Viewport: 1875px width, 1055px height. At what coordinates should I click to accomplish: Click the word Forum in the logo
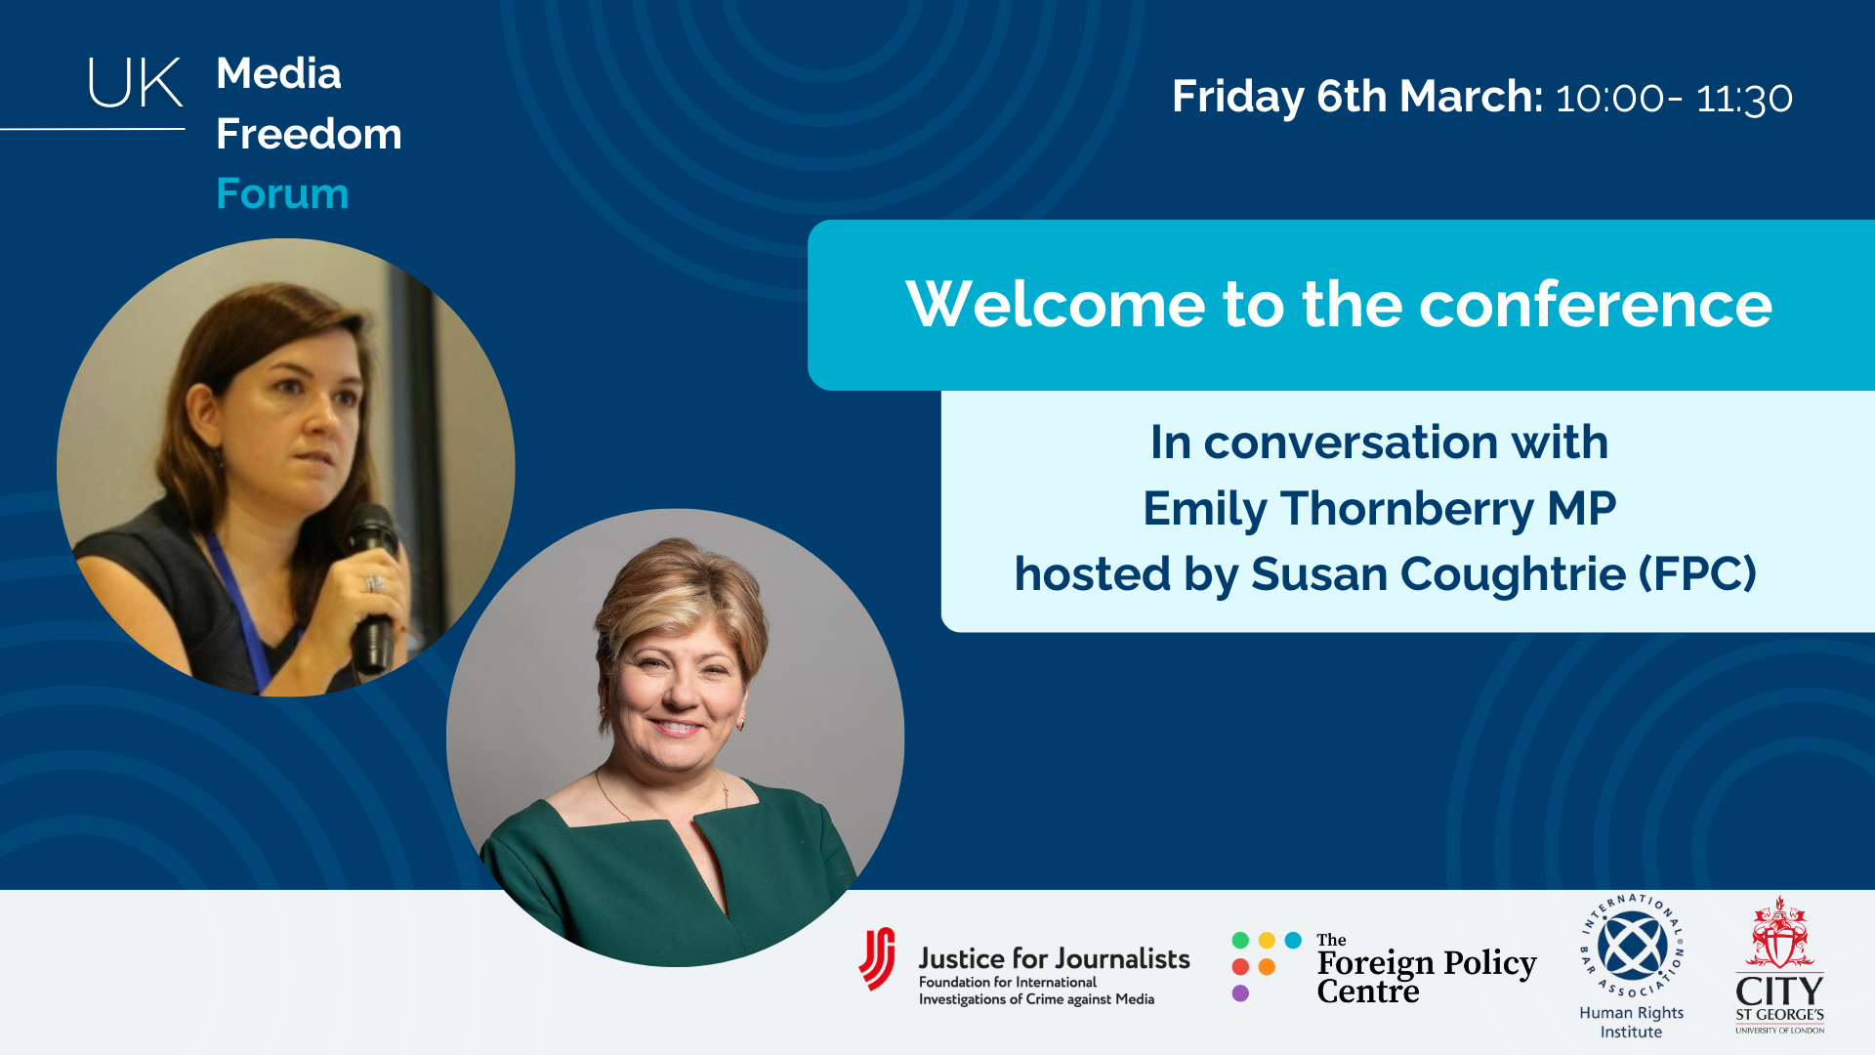[x=282, y=193]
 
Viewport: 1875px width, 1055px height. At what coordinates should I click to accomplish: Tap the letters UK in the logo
[x=135, y=83]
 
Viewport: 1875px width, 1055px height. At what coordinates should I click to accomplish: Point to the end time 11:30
[x=1744, y=98]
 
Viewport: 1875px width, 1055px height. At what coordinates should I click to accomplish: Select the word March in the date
[x=1471, y=96]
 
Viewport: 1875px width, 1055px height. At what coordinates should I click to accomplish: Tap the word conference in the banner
[x=1596, y=305]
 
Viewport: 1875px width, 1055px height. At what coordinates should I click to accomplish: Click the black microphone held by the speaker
[x=372, y=586]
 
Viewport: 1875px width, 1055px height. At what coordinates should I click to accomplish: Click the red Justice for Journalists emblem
[x=877, y=958]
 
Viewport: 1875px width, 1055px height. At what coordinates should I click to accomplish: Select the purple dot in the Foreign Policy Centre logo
[x=1240, y=993]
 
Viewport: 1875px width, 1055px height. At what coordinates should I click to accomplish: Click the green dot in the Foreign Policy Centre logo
[x=1240, y=940]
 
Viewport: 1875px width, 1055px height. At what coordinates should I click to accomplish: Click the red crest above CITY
[x=1780, y=933]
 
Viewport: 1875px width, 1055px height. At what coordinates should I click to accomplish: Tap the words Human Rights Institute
[x=1632, y=1022]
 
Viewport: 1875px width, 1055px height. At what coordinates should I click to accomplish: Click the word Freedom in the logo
[x=309, y=134]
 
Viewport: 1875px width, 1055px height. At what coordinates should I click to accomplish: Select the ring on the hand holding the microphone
[x=372, y=584]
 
